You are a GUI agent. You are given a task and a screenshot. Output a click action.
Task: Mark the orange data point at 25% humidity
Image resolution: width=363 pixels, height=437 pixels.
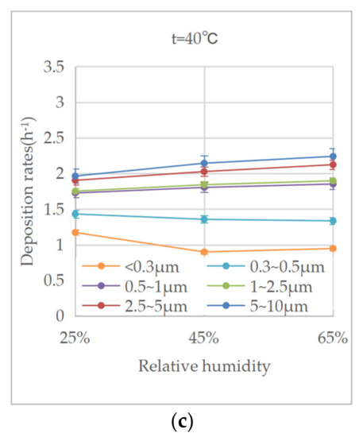pyautogui.click(x=76, y=232)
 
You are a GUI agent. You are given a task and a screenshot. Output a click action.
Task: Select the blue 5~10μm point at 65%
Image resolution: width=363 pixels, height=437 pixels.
pyautogui.click(x=333, y=157)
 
